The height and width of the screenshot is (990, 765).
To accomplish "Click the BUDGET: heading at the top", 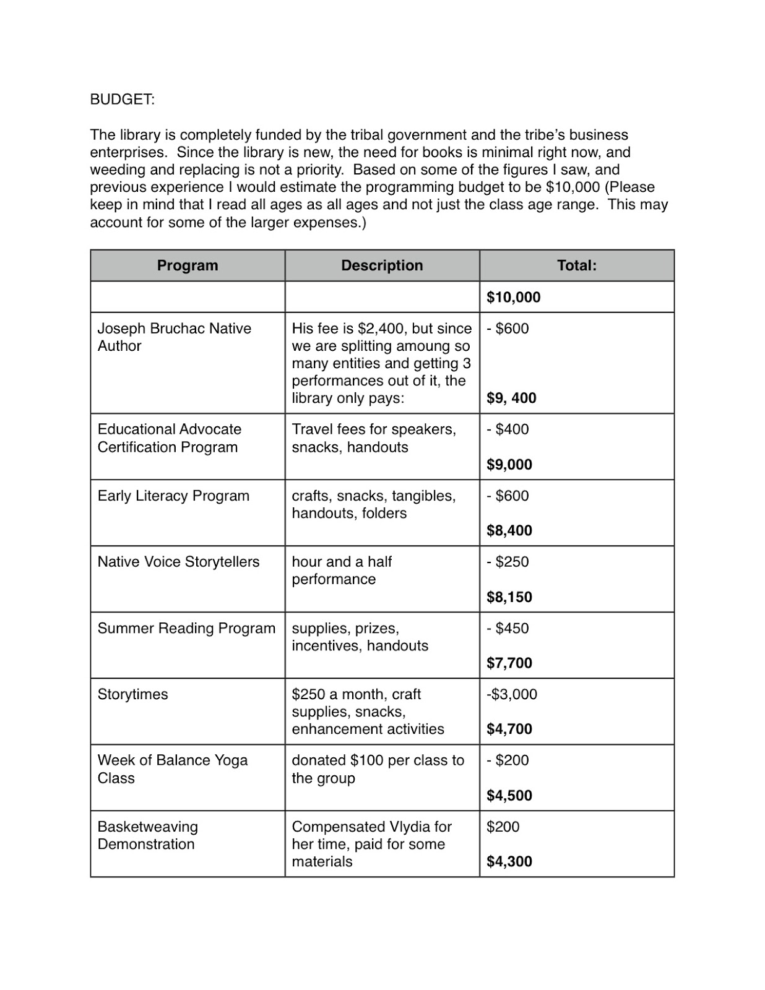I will coord(123,100).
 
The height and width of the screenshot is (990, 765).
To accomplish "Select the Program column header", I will coord(188,265).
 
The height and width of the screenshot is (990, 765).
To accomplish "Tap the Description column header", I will coord(382,265).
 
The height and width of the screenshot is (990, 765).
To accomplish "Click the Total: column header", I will coord(576,265).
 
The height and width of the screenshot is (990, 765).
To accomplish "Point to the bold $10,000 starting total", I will coord(513,297).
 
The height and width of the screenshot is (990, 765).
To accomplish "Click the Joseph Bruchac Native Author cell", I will coord(174,337).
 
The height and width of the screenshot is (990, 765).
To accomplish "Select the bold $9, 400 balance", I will coord(511,398).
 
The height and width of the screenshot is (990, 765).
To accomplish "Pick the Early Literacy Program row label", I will coord(173,496).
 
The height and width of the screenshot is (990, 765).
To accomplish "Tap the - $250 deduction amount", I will coord(508,562).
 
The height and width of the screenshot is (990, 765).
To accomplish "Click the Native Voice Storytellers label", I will coord(178,562).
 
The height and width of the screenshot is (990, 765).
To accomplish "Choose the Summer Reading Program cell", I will coord(186,628).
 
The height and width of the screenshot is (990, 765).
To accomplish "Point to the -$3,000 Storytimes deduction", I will coord(511,694).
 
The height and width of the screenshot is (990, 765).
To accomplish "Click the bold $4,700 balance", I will coord(509,729).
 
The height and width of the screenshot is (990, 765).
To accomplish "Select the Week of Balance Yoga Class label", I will coord(172,769).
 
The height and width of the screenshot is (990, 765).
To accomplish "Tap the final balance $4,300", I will coord(509,861).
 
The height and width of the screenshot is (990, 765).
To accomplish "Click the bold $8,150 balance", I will coord(509,597).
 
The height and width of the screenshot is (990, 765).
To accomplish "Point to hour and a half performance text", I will coord(342,570).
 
